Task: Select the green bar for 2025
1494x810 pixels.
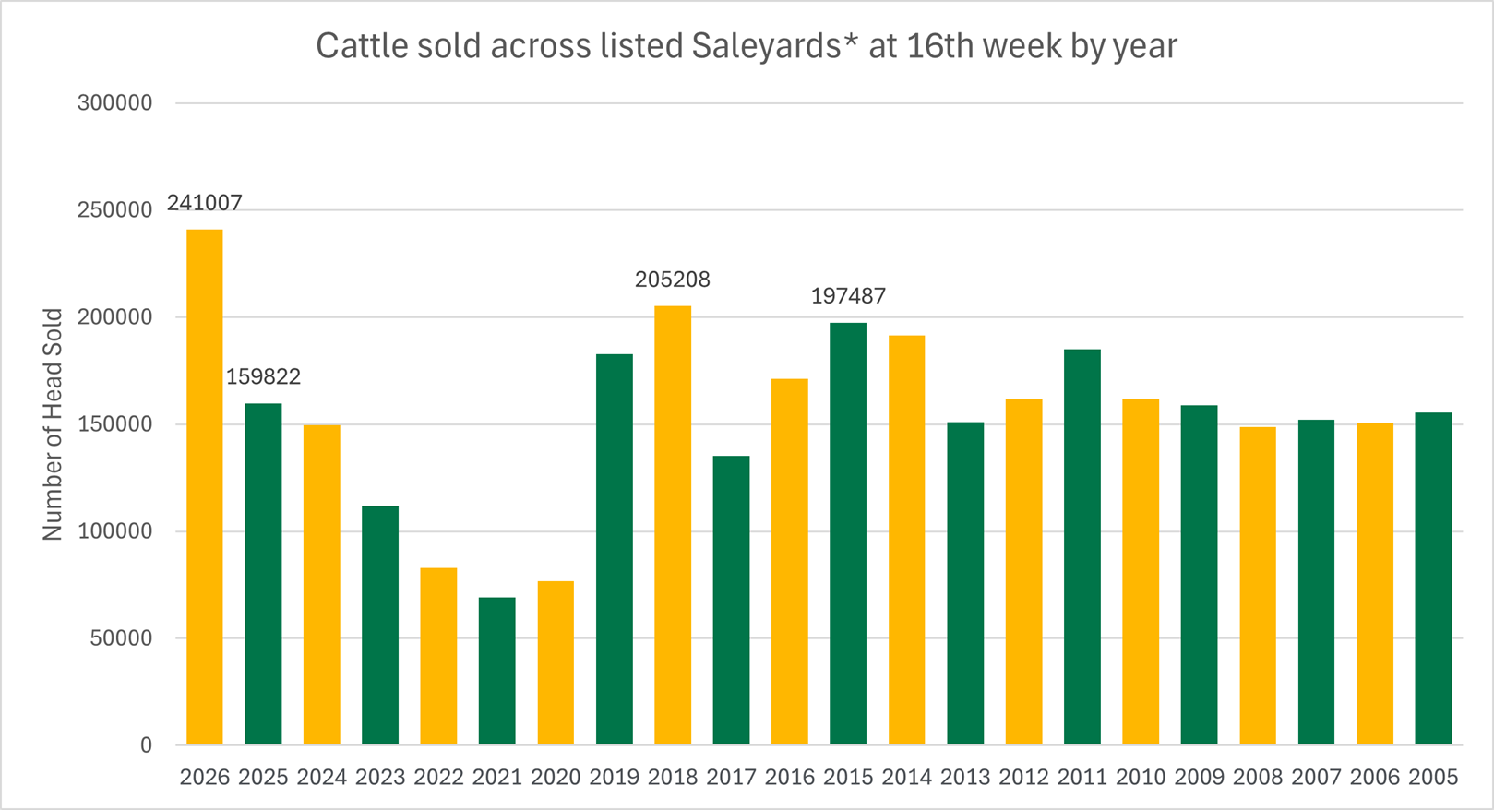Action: [263, 574]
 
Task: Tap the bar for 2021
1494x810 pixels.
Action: [497, 671]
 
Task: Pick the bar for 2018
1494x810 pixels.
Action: [673, 525]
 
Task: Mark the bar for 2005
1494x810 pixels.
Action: [1433, 578]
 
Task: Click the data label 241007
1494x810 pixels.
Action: [204, 203]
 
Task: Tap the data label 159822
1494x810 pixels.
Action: [263, 377]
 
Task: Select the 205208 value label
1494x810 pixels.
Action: [673, 280]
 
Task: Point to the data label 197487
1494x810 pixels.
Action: [848, 296]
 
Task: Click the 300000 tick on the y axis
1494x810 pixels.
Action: [114, 103]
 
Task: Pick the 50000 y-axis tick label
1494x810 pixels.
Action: [120, 638]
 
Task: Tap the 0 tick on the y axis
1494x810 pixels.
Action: [146, 745]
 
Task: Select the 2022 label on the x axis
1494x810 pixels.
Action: [438, 778]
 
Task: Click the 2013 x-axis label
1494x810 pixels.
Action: [965, 778]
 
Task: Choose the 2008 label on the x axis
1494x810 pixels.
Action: [1258, 778]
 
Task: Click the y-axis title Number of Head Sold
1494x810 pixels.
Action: [53, 424]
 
